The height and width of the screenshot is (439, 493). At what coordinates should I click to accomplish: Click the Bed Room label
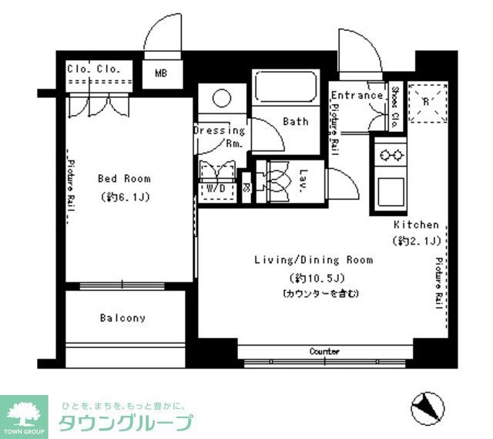124,178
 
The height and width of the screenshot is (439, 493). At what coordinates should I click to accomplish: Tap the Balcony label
122,318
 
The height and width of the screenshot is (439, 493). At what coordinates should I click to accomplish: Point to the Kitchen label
416,225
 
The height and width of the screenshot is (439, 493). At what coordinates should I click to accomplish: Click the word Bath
295,121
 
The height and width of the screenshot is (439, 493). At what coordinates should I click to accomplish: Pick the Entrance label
357,96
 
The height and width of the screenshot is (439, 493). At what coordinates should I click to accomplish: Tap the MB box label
160,74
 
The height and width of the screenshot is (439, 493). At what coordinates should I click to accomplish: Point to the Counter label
324,352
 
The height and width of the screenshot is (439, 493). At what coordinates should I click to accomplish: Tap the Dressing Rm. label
220,137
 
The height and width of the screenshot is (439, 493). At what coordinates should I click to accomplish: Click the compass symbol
425,405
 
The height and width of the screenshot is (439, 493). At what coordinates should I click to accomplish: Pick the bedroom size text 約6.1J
124,197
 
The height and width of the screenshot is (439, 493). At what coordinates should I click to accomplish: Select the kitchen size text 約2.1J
416,241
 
